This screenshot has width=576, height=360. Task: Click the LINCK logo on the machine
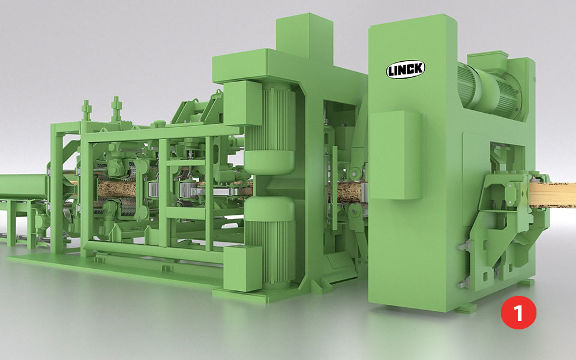406,69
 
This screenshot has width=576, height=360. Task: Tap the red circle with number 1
518,313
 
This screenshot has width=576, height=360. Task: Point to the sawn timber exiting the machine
552,194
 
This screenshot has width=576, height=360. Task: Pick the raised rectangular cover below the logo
395,155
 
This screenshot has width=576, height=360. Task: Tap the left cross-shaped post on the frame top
86,110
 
